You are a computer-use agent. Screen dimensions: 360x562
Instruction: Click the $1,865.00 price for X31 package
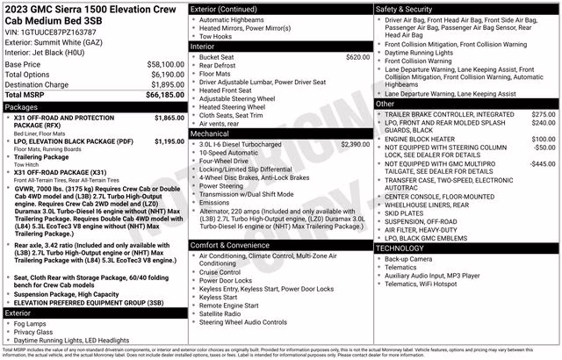[169, 118]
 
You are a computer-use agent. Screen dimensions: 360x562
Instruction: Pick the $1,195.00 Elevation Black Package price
[169, 140]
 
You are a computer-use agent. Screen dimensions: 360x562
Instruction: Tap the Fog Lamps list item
[32, 323]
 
